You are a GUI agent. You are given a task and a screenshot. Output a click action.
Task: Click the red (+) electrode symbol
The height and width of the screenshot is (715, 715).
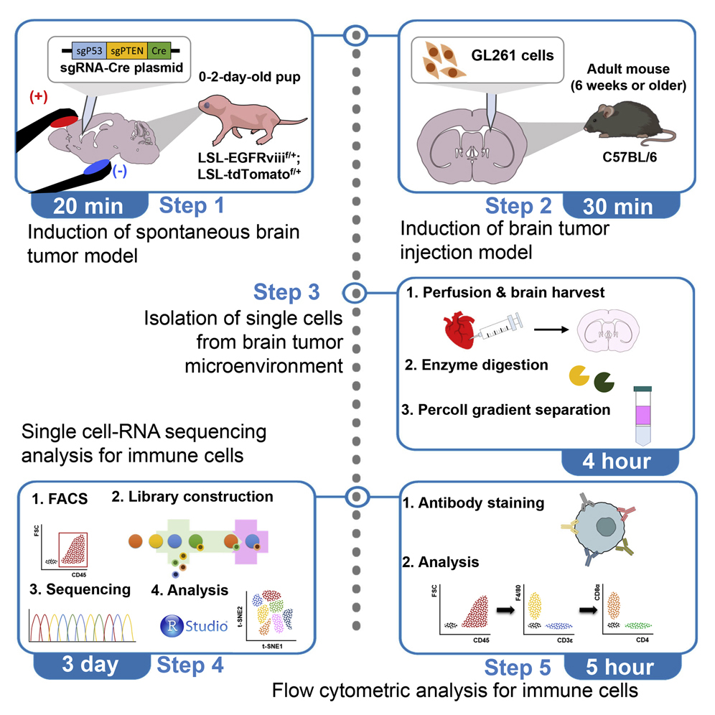tap(37, 98)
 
